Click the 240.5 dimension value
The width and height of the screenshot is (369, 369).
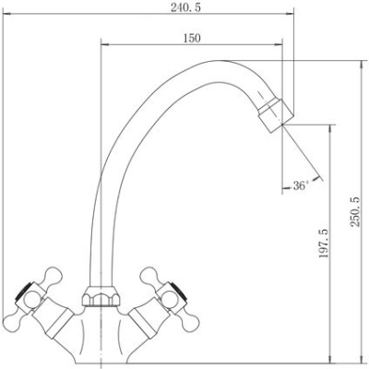click(x=185, y=7)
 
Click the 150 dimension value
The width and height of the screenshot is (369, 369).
click(x=192, y=39)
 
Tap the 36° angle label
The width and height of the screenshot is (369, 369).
click(x=301, y=185)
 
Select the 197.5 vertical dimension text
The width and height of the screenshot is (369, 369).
click(x=324, y=244)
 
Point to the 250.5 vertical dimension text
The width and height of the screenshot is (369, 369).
click(x=355, y=212)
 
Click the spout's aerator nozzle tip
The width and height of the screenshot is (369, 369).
click(x=276, y=115)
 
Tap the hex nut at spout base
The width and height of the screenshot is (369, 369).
click(x=101, y=296)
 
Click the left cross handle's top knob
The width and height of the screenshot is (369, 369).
click(x=53, y=276)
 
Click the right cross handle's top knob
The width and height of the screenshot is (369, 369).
click(x=149, y=276)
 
